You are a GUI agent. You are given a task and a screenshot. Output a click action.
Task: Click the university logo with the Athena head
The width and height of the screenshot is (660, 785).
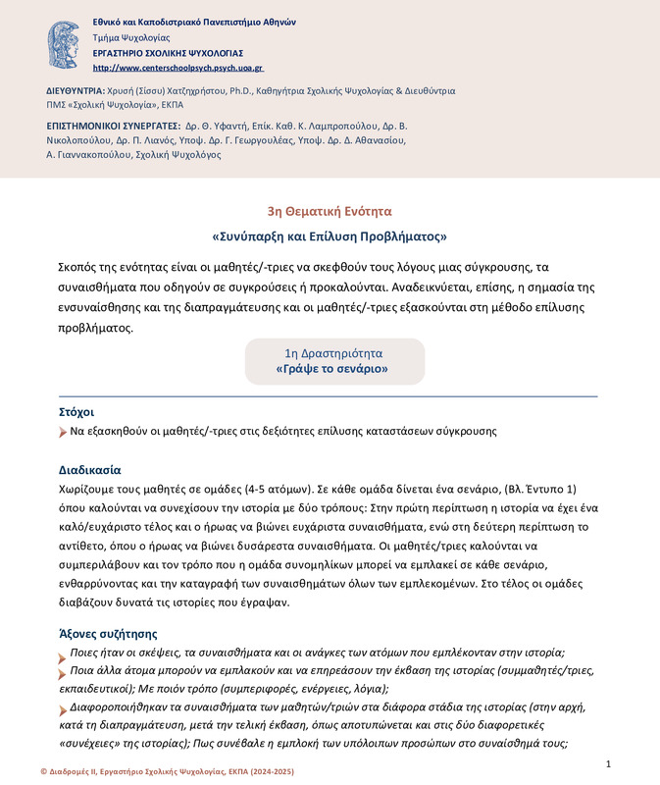pos(67,43)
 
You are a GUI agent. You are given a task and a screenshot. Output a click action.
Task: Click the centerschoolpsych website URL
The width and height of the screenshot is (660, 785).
pos(178,69)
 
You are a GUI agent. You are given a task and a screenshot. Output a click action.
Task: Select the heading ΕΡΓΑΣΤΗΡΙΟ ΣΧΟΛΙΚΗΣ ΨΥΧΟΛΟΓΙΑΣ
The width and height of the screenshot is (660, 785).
pos(168,53)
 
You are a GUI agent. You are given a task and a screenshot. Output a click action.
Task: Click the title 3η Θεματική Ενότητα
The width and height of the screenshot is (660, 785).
pos(330,211)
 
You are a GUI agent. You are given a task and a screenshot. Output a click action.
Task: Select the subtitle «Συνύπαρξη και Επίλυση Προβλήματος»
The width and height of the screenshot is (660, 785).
pos(330,236)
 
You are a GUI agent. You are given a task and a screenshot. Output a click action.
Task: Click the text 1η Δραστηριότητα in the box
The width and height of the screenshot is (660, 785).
pos(333,352)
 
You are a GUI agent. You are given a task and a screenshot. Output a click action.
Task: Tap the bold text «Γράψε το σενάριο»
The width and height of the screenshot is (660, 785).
pos(333,369)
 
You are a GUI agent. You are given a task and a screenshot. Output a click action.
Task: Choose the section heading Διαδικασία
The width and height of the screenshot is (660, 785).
pos(90,469)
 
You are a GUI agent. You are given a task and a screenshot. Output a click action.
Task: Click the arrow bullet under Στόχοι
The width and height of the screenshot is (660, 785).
pos(65,432)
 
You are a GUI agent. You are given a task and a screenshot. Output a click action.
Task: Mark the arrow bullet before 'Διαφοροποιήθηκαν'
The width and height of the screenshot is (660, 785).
pos(65,706)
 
